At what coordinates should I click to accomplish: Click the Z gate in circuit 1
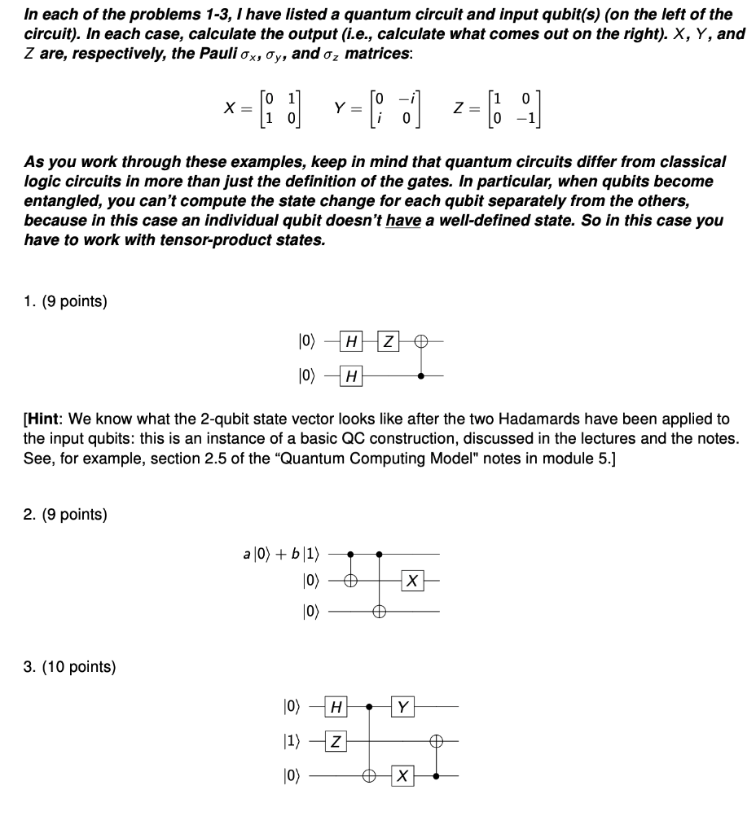[x=390, y=340]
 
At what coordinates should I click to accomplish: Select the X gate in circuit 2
[x=413, y=582]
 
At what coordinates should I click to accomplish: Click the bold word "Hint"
[x=47, y=419]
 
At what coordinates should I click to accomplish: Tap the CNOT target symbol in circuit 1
[x=420, y=340]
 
